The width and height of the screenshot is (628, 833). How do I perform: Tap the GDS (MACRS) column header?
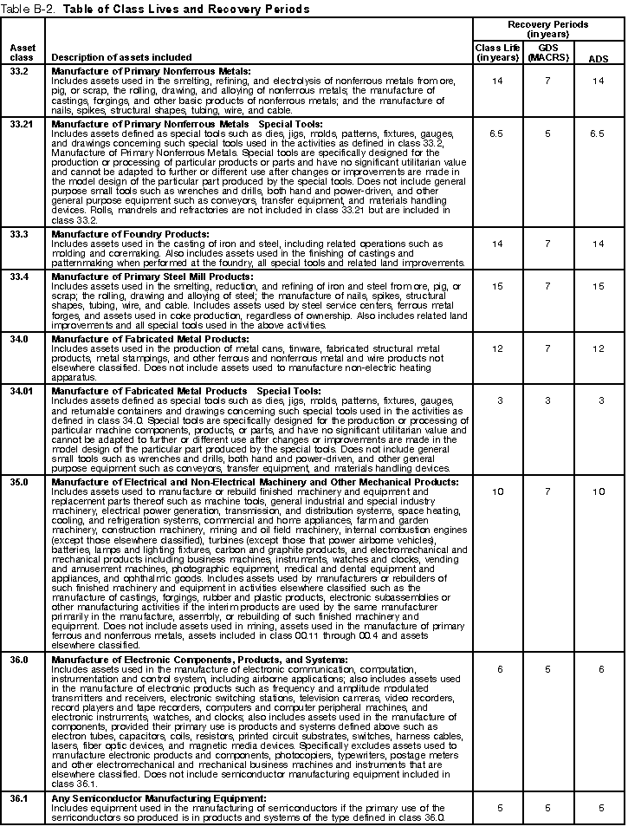pyautogui.click(x=547, y=52)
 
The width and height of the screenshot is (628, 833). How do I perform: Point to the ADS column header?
pyautogui.click(x=598, y=58)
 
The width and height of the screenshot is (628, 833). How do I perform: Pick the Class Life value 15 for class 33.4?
pyautogui.click(x=496, y=287)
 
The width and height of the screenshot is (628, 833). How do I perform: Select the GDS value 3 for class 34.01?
pyautogui.click(x=547, y=400)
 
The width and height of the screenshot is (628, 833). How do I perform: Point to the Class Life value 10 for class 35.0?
pyautogui.click(x=496, y=491)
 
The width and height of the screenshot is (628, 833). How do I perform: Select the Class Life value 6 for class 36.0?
pyautogui.click(x=496, y=669)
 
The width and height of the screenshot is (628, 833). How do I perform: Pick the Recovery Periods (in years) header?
pyautogui.click(x=547, y=29)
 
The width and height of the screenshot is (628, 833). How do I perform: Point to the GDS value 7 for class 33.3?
pyautogui.click(x=547, y=245)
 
